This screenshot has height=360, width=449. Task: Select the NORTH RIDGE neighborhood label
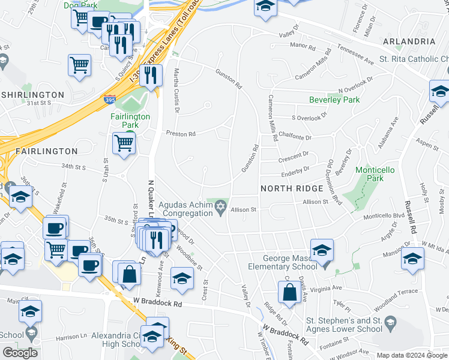tap(292, 188)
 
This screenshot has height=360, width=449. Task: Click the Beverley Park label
tap(334, 100)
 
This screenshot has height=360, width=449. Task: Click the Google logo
tap(20, 353)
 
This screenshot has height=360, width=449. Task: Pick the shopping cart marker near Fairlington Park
tap(124, 144)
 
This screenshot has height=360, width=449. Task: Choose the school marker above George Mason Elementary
tap(322, 249)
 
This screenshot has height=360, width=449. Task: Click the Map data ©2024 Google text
tap(411, 355)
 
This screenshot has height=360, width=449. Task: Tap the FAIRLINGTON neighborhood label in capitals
tap(39, 151)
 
